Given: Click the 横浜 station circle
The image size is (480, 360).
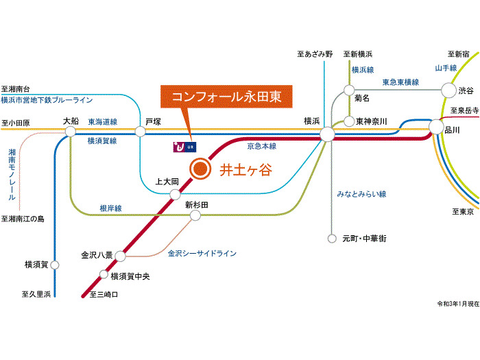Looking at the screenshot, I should click(x=326, y=134).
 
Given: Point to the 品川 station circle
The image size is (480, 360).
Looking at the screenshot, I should click(x=436, y=127).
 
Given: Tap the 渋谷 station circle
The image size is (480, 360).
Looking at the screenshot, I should click(x=448, y=90).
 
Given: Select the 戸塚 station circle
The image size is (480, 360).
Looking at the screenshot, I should click(x=141, y=130).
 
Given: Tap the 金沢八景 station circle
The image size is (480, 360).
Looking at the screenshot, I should click(x=120, y=256).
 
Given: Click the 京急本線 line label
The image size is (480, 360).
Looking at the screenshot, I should click(x=261, y=146).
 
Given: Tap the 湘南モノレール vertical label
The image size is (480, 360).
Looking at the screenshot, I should click(x=12, y=174).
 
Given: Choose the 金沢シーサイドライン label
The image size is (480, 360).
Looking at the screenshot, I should click(x=202, y=253).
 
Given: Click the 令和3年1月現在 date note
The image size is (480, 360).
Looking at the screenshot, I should click(x=457, y=302).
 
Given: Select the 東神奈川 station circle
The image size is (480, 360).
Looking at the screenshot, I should click(x=349, y=121).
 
